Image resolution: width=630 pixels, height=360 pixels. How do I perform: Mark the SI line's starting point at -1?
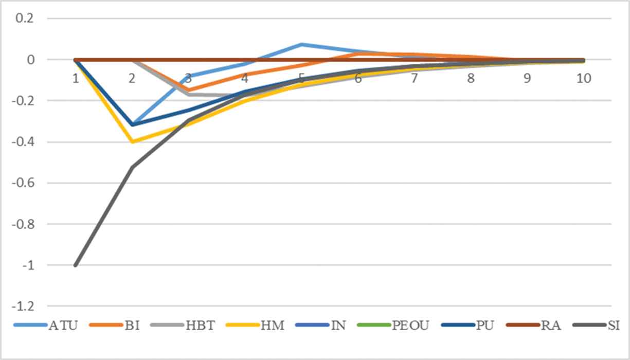click(76, 265)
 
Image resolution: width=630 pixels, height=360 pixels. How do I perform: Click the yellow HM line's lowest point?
click(132, 142)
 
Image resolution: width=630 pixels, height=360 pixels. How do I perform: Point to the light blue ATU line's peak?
click(301, 45)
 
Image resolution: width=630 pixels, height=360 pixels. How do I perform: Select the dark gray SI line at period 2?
click(132, 167)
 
